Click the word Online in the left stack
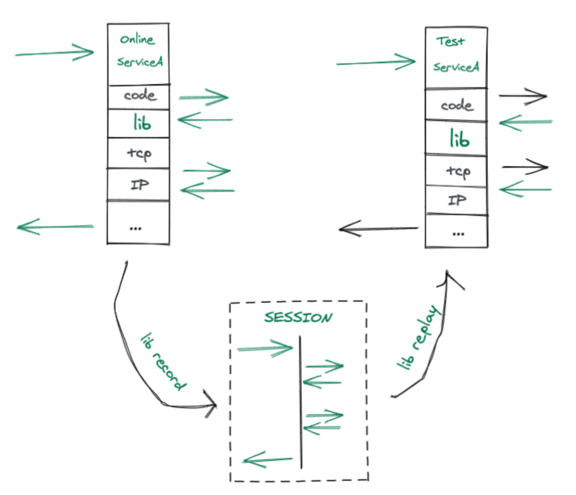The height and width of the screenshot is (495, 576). pos(137,39)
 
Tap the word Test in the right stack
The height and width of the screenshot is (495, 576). pos(450,41)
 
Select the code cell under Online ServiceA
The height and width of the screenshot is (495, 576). pos(139,97)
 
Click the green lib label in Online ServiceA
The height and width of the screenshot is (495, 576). pos(142,122)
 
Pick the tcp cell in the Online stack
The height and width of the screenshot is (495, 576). pos(139,153)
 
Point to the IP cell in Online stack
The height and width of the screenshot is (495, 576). pos(139,184)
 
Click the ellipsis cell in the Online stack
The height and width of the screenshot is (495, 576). pos(139,222)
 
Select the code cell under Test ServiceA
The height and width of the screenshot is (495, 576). pos(456,104)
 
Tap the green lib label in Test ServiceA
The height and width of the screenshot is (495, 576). pos(460,138)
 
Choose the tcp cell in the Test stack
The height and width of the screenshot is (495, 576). pos(456,171)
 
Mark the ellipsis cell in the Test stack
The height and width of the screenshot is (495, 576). pos(457,232)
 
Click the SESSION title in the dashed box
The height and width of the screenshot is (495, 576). pos(298,317)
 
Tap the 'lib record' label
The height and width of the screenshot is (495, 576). pos(164,361)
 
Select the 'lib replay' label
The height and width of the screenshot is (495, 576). pos(419,337)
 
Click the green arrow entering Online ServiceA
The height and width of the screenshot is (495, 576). pos(54,53)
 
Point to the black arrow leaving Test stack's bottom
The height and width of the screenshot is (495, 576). pos(378,229)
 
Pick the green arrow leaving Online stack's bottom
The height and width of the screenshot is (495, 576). pos(55,226)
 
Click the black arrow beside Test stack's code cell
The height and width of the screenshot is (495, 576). pos(523,96)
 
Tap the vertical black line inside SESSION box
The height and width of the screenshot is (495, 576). pos(301,402)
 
